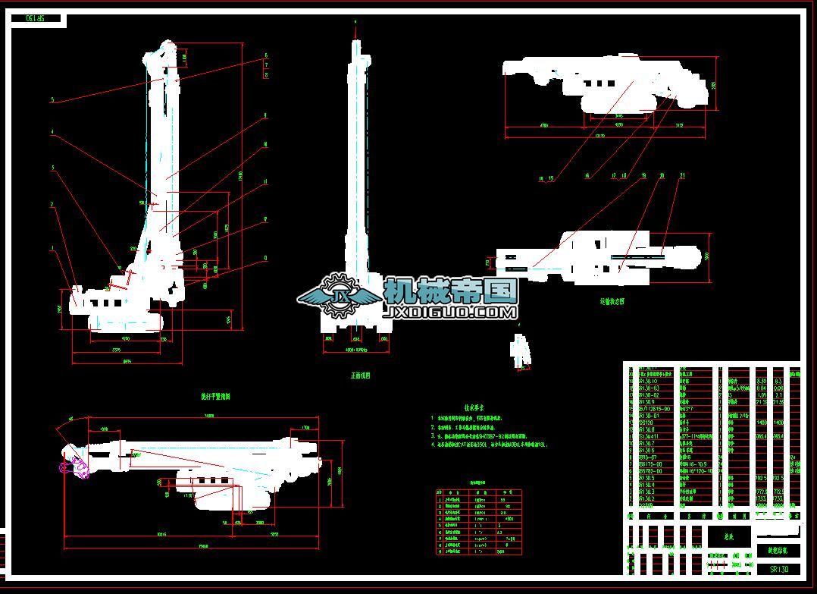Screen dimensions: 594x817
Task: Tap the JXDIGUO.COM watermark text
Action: click(x=451, y=312)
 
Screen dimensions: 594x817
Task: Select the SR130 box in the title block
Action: click(x=778, y=568)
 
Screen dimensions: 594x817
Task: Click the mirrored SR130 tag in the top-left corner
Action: click(x=36, y=18)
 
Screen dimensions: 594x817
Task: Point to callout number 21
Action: click(x=682, y=175)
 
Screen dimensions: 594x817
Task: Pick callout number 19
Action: click(x=643, y=175)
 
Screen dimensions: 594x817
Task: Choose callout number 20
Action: click(x=662, y=175)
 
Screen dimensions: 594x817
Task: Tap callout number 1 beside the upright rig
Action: click(x=52, y=247)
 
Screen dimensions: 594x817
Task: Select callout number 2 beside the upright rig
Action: click(x=52, y=204)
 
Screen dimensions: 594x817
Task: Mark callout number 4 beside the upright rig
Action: click(x=52, y=132)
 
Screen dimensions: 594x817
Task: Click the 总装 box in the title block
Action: click(x=729, y=536)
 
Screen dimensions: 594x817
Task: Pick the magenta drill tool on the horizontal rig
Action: click(x=74, y=468)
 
